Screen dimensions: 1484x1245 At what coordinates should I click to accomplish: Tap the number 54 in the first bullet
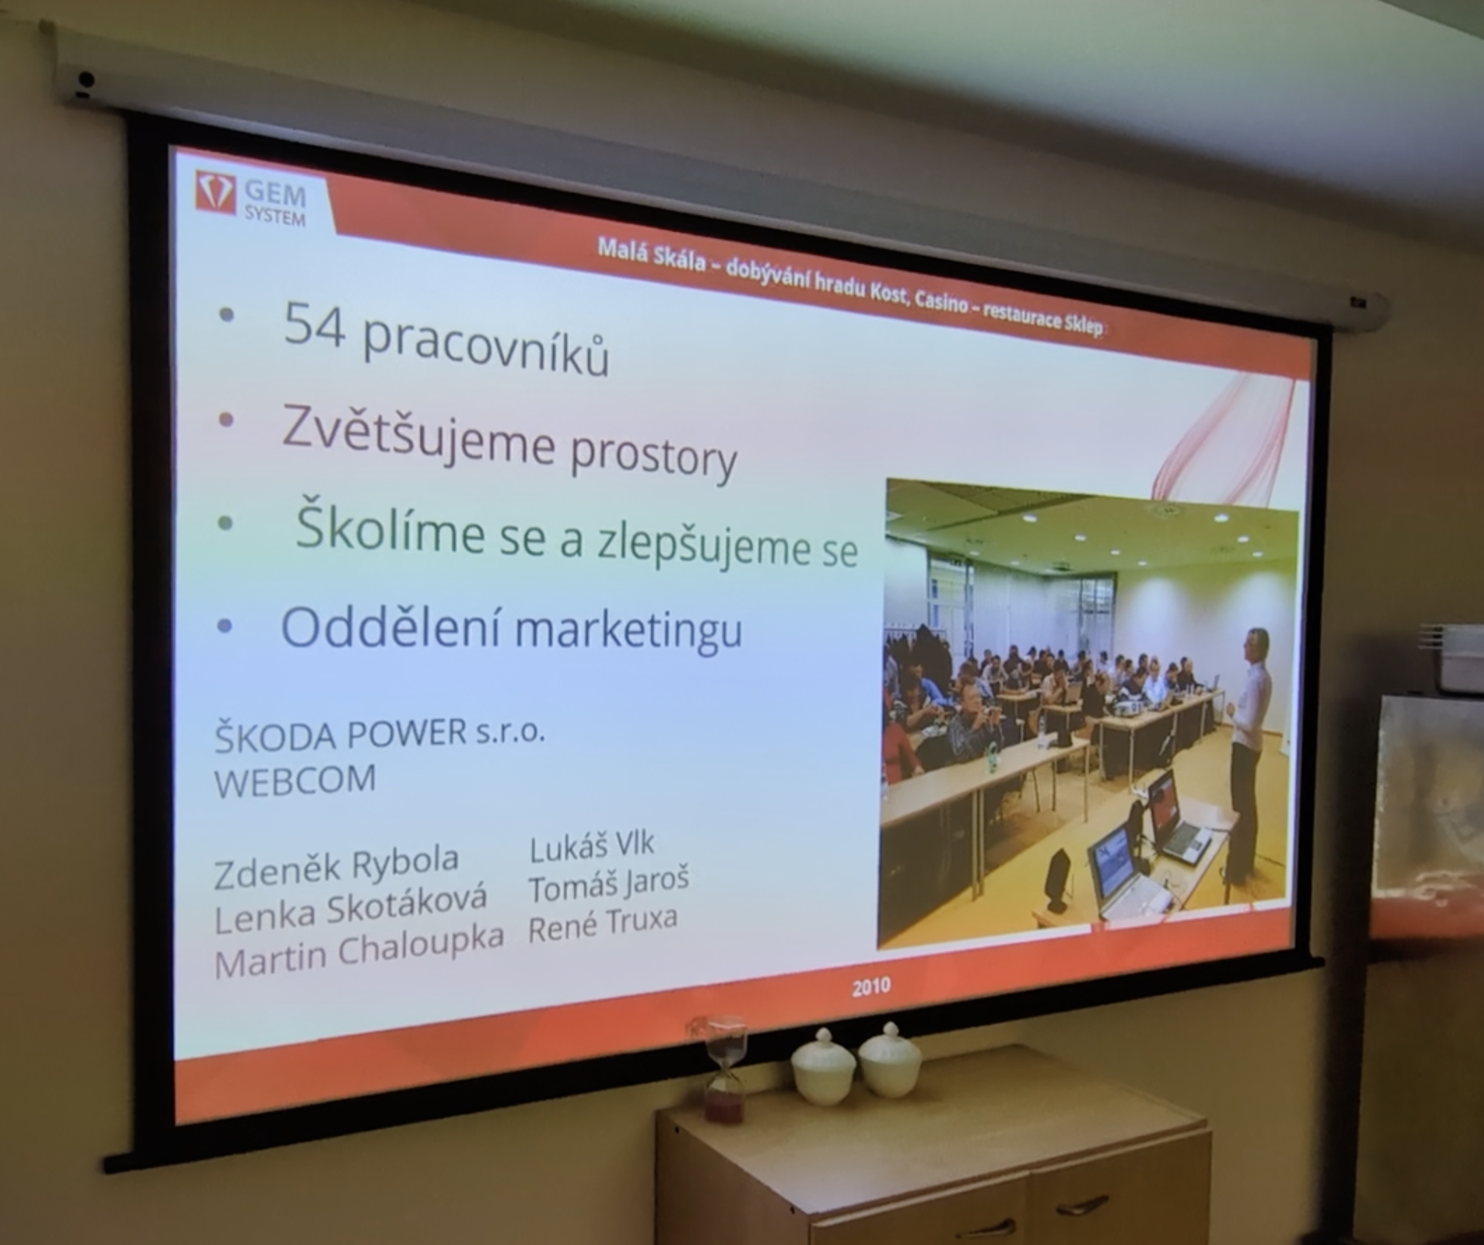[314, 326]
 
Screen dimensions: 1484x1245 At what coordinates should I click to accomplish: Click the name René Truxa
[603, 925]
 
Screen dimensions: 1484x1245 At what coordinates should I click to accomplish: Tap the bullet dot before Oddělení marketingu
[225, 626]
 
